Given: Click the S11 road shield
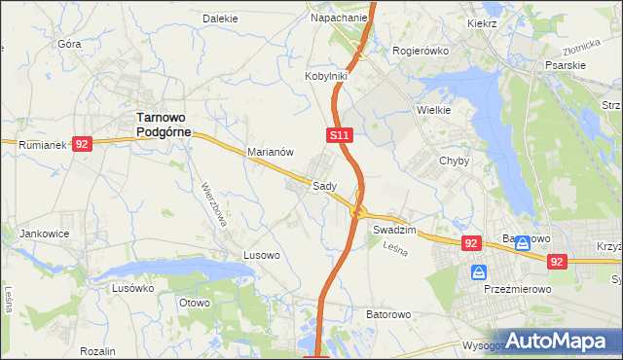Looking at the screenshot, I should click(339, 134).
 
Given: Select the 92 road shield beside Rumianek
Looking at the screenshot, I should click(82, 144).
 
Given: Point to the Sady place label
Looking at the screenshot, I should click(324, 185).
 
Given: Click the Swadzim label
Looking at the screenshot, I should click(394, 230).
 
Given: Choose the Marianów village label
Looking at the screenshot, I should click(271, 152).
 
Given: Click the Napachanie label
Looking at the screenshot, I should click(339, 18).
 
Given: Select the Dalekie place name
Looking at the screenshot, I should click(220, 18).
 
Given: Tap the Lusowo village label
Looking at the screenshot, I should click(262, 255).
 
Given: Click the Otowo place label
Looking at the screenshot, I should click(195, 303).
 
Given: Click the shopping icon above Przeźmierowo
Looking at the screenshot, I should click(478, 272).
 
